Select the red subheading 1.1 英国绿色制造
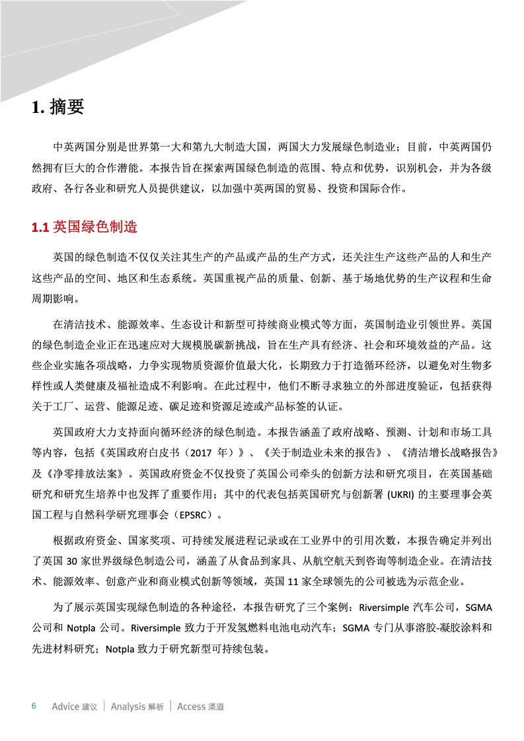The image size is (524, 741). click(85, 227)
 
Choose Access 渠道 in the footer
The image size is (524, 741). click(201, 707)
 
